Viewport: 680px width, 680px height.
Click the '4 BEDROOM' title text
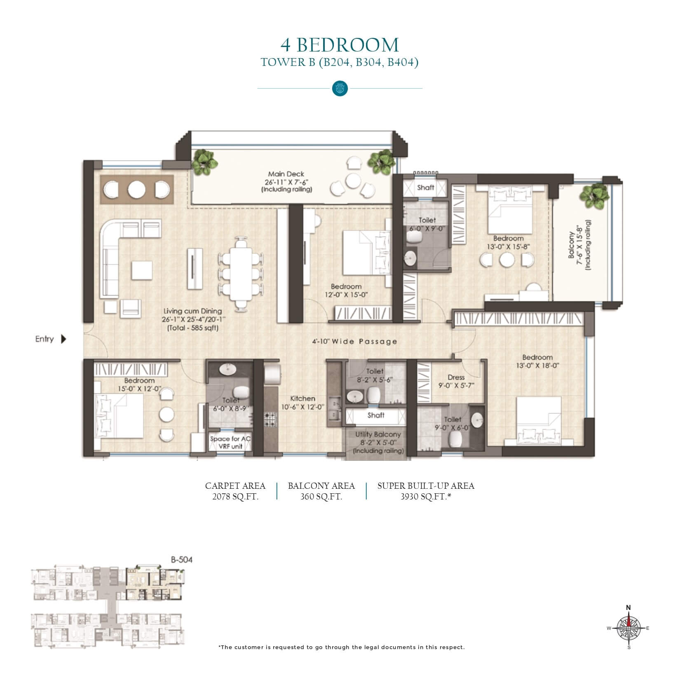point(340,45)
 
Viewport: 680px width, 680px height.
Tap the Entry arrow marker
point(63,339)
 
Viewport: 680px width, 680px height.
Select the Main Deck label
point(286,174)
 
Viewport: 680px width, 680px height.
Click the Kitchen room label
point(303,399)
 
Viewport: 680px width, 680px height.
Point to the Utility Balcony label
point(378,434)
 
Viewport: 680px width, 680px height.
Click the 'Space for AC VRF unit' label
point(230,443)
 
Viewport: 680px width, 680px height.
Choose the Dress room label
point(456,377)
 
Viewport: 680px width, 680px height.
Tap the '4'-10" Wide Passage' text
point(354,341)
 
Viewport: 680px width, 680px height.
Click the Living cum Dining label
point(192,311)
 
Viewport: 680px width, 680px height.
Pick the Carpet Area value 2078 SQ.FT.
point(235,497)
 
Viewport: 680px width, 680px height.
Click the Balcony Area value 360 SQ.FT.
point(321,497)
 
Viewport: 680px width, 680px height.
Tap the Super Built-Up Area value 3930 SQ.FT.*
point(426,497)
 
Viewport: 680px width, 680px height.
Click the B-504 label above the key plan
point(182,560)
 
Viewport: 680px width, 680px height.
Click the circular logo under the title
point(340,88)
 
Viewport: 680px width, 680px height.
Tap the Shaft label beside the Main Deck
point(426,188)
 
